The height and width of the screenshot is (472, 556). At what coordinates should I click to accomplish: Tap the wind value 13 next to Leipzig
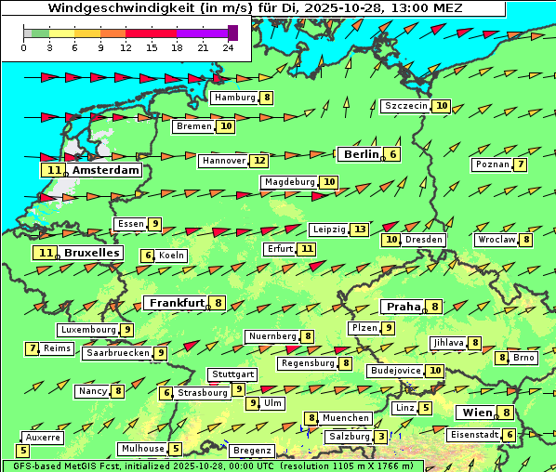(x=360, y=229)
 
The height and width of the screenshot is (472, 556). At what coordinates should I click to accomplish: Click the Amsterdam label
(x=105, y=170)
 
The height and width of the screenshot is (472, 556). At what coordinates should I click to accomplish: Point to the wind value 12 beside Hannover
(x=259, y=161)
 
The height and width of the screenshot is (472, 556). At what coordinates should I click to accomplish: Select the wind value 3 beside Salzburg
(x=381, y=437)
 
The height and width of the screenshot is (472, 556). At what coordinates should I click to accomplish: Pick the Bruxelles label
(x=91, y=253)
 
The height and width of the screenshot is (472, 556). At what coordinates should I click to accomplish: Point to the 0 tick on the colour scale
(x=23, y=46)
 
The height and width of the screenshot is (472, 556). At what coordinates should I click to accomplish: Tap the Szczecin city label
(x=406, y=106)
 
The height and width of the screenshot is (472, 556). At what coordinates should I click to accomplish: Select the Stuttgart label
(x=232, y=374)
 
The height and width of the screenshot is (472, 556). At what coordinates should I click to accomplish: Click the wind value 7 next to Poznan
(x=521, y=165)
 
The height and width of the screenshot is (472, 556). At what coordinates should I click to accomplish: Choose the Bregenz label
(x=252, y=451)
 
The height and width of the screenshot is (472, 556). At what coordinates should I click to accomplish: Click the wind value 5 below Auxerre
(x=23, y=451)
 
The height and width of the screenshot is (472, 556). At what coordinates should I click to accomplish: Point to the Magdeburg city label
(x=289, y=182)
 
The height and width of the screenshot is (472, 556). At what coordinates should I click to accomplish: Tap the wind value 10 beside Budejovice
(x=435, y=371)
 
